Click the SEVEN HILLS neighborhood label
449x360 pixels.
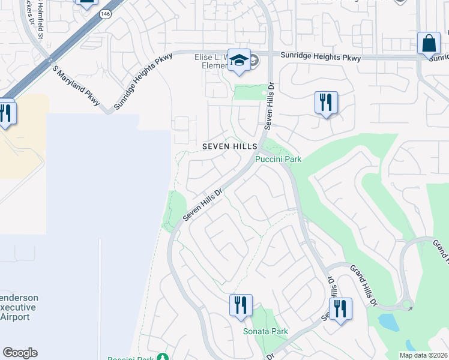point(230,146)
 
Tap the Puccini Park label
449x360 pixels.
point(278,159)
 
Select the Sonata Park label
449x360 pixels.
point(265,331)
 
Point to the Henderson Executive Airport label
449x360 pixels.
point(19,307)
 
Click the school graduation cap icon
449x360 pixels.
point(239,61)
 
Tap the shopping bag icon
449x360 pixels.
point(429,44)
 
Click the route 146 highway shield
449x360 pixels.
point(106,14)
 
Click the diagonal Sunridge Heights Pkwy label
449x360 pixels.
point(142,80)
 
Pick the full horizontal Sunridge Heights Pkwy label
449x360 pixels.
point(321,58)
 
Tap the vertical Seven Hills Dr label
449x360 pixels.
point(270,106)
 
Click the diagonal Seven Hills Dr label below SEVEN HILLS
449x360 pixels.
point(203,205)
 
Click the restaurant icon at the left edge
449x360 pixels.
point(5,112)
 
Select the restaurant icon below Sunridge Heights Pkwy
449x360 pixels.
point(326,103)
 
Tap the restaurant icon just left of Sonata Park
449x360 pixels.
point(240,305)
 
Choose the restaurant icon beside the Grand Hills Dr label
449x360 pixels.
point(340,308)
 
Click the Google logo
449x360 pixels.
point(20,353)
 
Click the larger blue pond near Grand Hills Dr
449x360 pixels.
point(390,323)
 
